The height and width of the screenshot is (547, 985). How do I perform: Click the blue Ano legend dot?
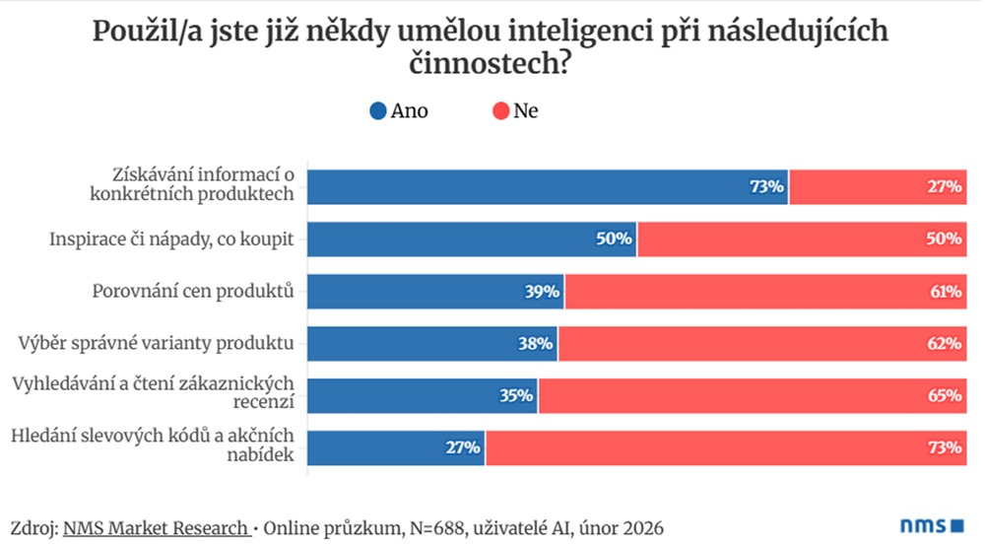[377, 111]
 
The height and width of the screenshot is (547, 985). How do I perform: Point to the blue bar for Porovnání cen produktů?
[433, 291]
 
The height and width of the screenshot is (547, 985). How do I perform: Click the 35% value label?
[517, 396]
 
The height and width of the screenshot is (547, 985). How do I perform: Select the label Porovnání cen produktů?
[195, 291]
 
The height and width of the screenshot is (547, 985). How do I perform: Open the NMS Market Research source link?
[156, 528]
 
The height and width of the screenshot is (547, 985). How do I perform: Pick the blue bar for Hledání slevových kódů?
[394, 448]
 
